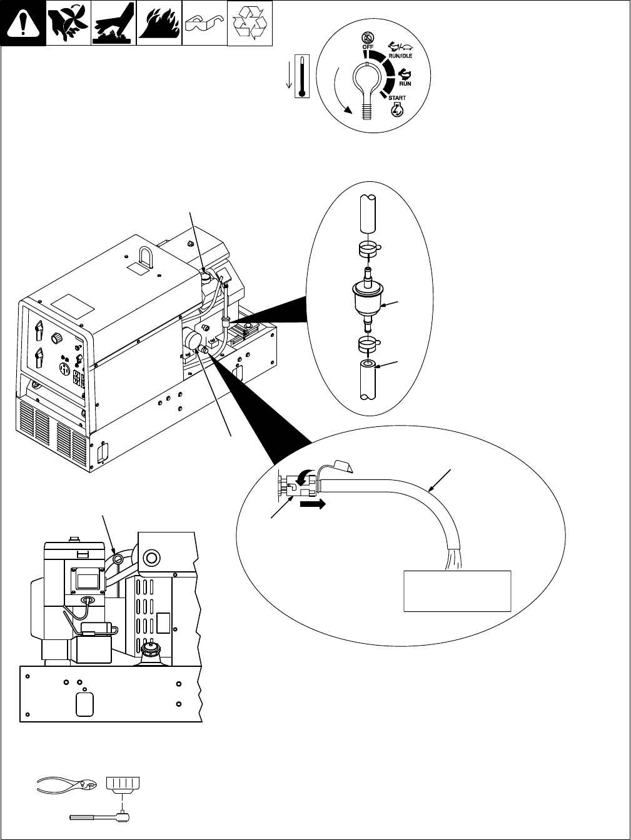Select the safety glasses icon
click(x=204, y=24)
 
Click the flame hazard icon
click(x=159, y=24)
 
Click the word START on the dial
click(x=396, y=98)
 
